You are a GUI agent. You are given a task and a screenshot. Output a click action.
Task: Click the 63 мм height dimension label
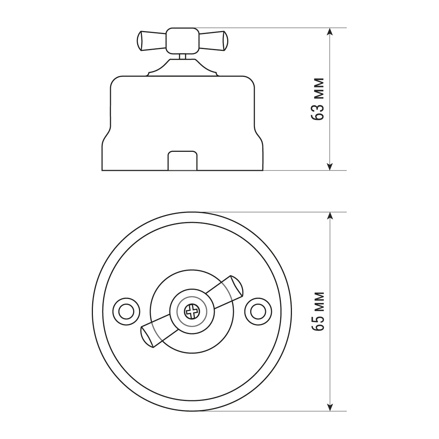pyautogui.click(x=317, y=99)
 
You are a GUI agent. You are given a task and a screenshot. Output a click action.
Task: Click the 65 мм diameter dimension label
pyautogui.click(x=317, y=311)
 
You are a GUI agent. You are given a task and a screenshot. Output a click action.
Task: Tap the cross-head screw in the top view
pyautogui.click(x=192, y=311)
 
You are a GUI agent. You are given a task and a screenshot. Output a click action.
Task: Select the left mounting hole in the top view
pyautogui.click(x=126, y=311)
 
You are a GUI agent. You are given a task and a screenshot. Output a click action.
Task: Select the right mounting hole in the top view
pyautogui.click(x=258, y=311)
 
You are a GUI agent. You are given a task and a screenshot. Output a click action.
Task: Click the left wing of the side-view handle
pyautogui.click(x=151, y=41)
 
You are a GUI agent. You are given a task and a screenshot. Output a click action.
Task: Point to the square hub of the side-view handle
pyautogui.click(x=183, y=41)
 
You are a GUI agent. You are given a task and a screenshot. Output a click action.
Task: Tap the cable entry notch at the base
pyautogui.click(x=183, y=161)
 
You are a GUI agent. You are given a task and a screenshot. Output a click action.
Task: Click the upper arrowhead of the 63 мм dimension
pyautogui.click(x=330, y=31)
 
